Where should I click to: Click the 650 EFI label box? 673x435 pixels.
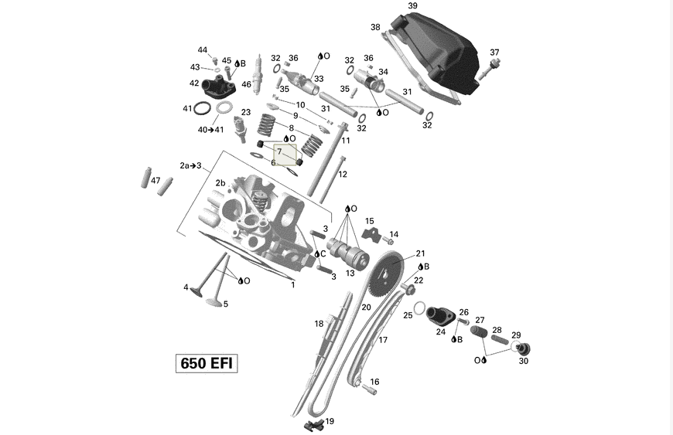pos(205,363)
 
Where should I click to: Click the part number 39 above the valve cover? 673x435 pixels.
pos(412,6)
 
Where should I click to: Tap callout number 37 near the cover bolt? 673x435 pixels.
pos(494,53)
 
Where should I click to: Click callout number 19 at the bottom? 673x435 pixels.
pos(330,421)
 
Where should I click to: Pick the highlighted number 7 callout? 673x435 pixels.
pos(280,152)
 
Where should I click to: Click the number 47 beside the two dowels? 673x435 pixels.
pos(155,181)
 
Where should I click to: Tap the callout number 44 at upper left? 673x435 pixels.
pos(202,49)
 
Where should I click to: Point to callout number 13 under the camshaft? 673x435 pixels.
pos(350,273)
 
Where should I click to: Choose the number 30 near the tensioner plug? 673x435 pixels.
pos(524,361)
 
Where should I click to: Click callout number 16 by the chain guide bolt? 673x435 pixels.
pos(374,382)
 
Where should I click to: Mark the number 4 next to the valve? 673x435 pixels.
pos(186,287)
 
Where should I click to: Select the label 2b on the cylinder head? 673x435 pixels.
pos(220,183)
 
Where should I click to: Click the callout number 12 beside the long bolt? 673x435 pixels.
pos(343,175)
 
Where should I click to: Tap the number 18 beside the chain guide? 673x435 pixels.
pos(319,324)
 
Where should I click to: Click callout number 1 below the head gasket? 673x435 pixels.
pos(293,284)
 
